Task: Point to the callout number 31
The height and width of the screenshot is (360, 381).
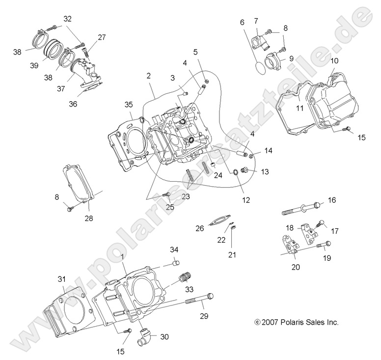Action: click(x=61, y=279)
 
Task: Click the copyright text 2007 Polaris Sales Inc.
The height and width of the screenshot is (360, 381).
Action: click(x=297, y=323)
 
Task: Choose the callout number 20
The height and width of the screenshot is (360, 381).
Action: click(x=296, y=267)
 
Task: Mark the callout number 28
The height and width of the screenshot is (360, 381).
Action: click(x=88, y=218)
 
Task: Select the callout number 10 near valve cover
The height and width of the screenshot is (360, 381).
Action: click(x=334, y=61)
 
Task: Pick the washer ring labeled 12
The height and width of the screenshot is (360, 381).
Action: click(x=236, y=172)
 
